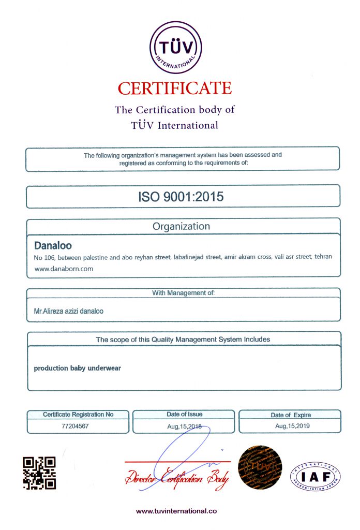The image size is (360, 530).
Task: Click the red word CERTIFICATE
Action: [175, 88]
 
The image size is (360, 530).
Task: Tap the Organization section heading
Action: [181, 226]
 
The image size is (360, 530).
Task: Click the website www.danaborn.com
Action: [64, 269]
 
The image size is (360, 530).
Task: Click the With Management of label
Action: [183, 293]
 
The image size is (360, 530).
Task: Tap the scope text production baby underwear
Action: [77, 369]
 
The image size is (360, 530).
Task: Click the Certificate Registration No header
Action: [78, 414]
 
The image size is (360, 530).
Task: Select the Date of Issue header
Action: [184, 414]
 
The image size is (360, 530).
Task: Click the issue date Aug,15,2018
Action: [184, 426]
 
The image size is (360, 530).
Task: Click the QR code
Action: [39, 473]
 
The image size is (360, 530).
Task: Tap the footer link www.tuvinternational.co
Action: [176, 511]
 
